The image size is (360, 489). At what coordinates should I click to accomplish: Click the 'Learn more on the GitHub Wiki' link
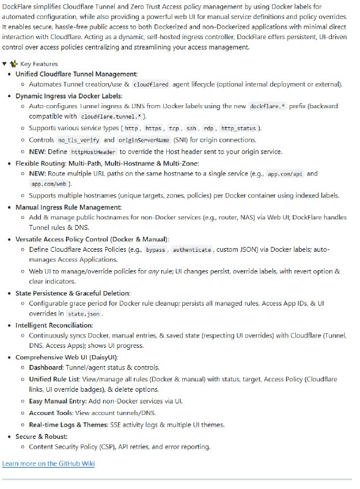[x=48, y=463]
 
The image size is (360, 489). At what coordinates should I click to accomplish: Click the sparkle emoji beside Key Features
[x=14, y=64]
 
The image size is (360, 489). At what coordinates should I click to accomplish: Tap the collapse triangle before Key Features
[x=5, y=64]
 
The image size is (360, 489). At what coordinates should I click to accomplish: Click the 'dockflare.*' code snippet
[x=267, y=106]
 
